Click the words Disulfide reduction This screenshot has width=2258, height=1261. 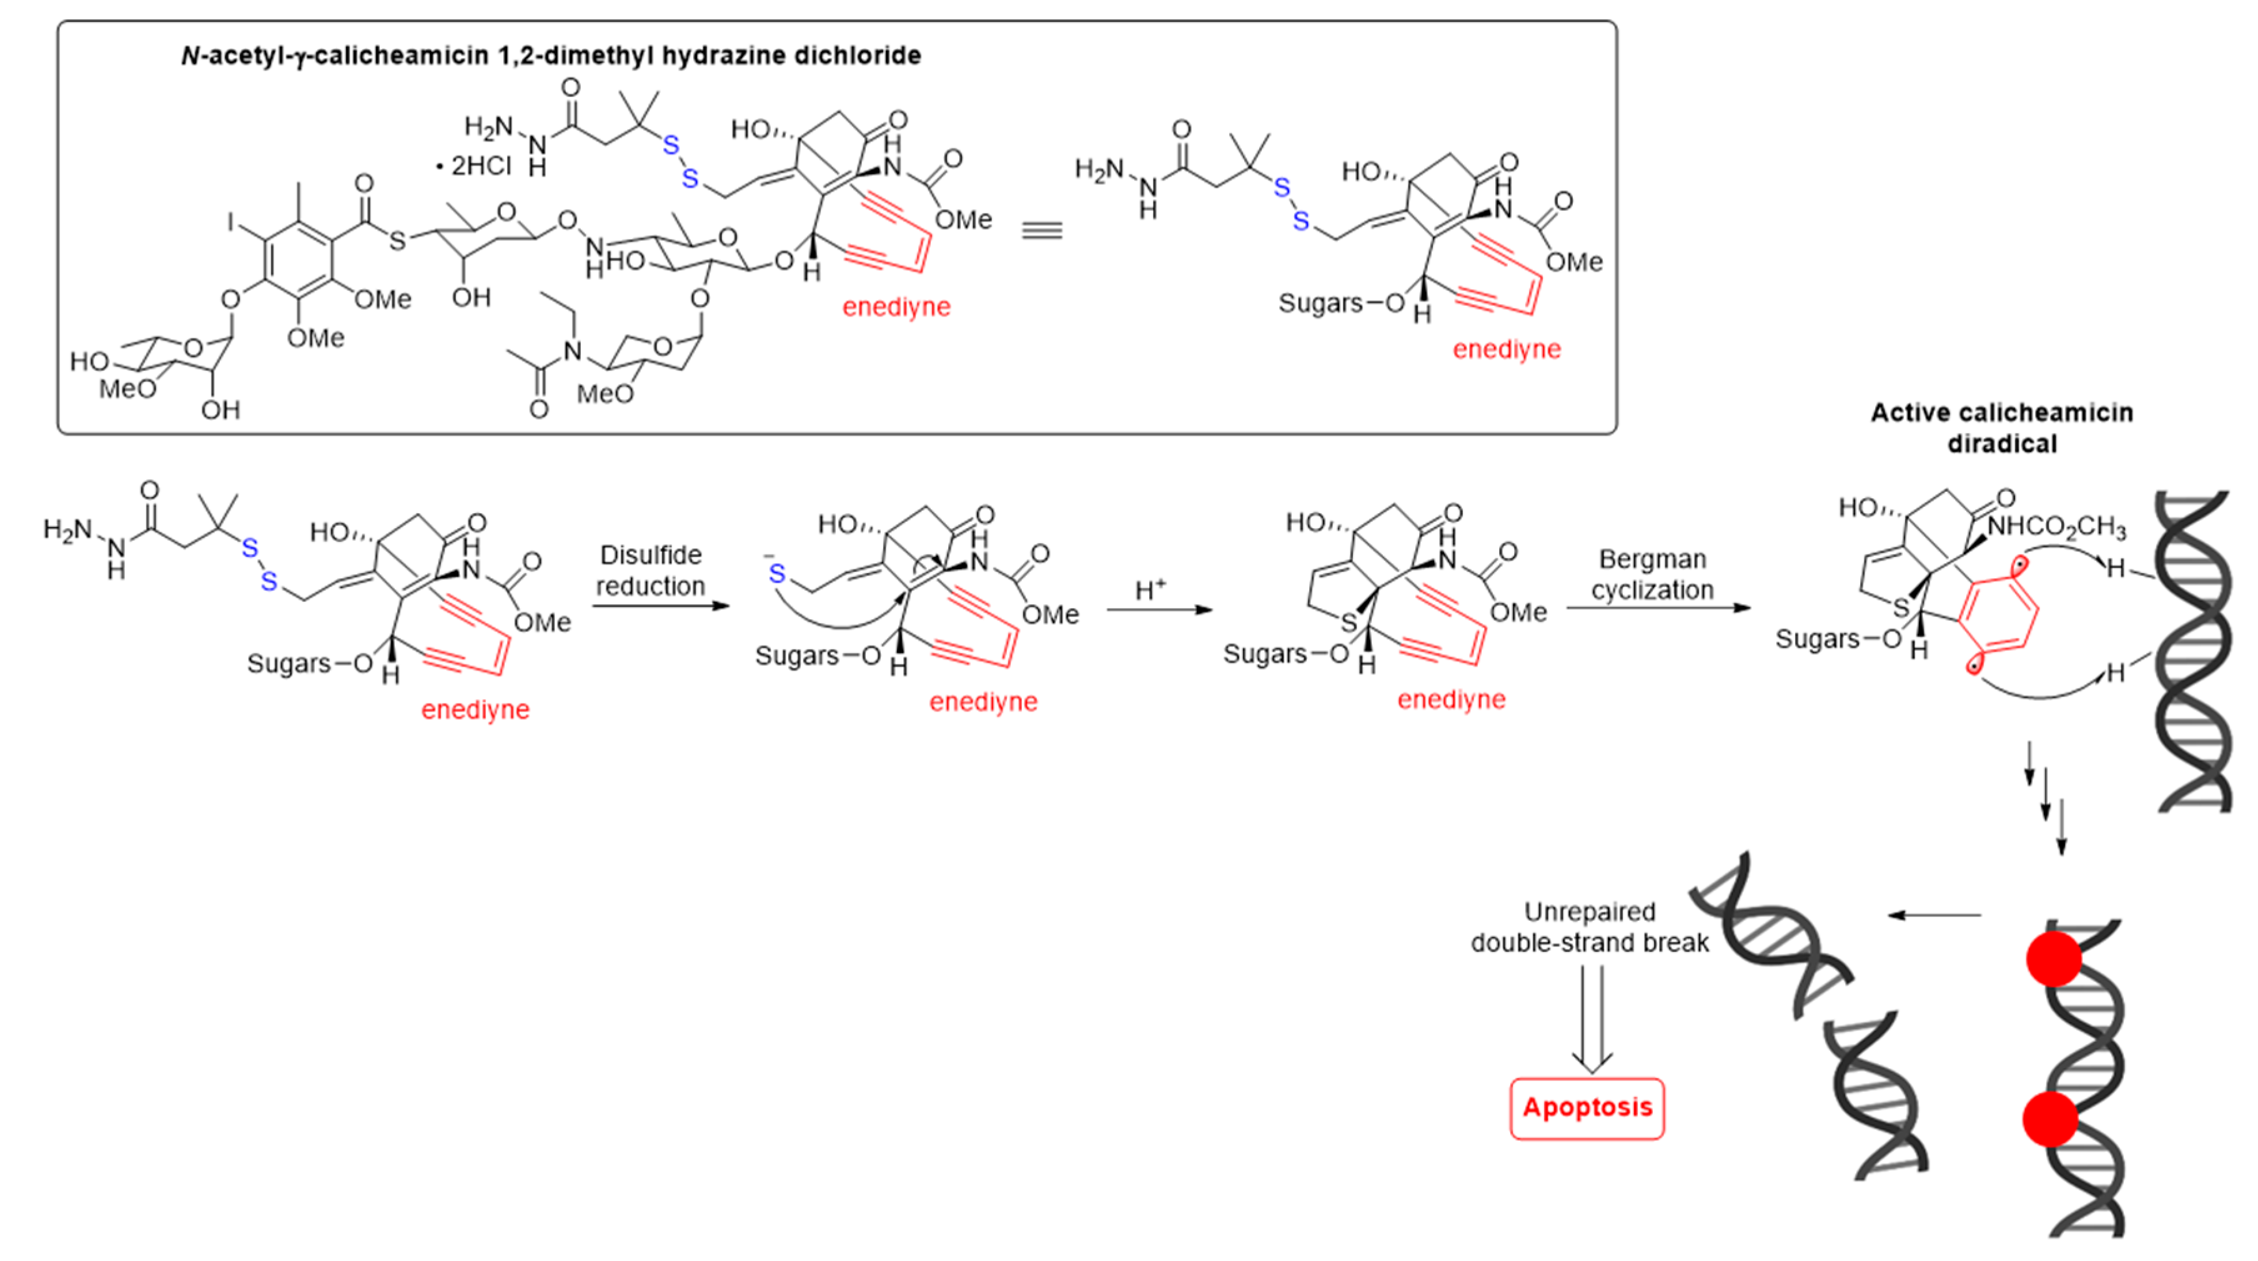[650, 571]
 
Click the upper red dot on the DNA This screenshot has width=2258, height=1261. [2053, 959]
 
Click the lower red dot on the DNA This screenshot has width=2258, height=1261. [2049, 1119]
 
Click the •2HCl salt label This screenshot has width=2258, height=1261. [474, 165]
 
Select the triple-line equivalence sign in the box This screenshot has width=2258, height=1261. [1042, 230]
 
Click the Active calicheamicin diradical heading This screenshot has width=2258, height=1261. [2001, 428]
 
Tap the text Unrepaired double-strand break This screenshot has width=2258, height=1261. [1589, 927]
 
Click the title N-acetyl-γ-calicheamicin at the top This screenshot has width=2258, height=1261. [550, 55]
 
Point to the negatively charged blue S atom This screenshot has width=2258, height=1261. [776, 574]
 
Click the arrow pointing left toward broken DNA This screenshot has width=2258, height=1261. [1934, 915]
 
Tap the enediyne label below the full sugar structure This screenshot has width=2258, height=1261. [896, 307]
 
